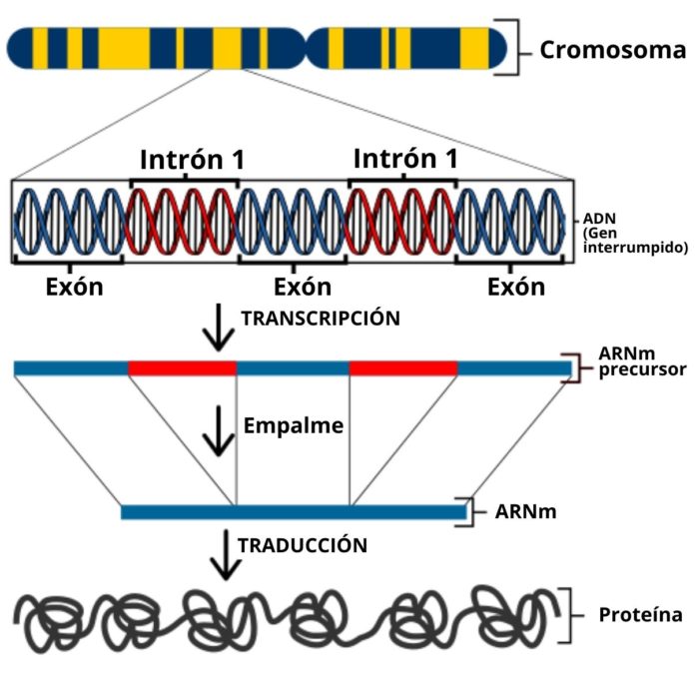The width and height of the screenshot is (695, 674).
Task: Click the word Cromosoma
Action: tap(612, 50)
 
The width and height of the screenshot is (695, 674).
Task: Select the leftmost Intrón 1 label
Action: tap(192, 159)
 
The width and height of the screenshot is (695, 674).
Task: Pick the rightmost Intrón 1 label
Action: tap(405, 159)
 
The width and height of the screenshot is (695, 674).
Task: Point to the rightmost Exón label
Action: tap(516, 288)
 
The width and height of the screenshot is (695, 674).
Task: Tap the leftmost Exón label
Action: tap(75, 288)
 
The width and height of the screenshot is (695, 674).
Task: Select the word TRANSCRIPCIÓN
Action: tap(321, 319)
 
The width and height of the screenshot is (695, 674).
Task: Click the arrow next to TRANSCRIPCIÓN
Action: tap(216, 330)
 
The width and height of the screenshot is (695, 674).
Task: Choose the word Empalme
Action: tap(294, 425)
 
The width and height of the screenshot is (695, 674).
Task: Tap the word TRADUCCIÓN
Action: tap(302, 545)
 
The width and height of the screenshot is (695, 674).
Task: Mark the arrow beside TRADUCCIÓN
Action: tap(228, 555)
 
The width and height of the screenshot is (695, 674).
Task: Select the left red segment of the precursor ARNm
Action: tap(183, 368)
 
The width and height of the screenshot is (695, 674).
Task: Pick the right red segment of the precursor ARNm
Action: tap(403, 368)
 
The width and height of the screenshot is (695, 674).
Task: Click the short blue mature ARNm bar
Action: tap(294, 512)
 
